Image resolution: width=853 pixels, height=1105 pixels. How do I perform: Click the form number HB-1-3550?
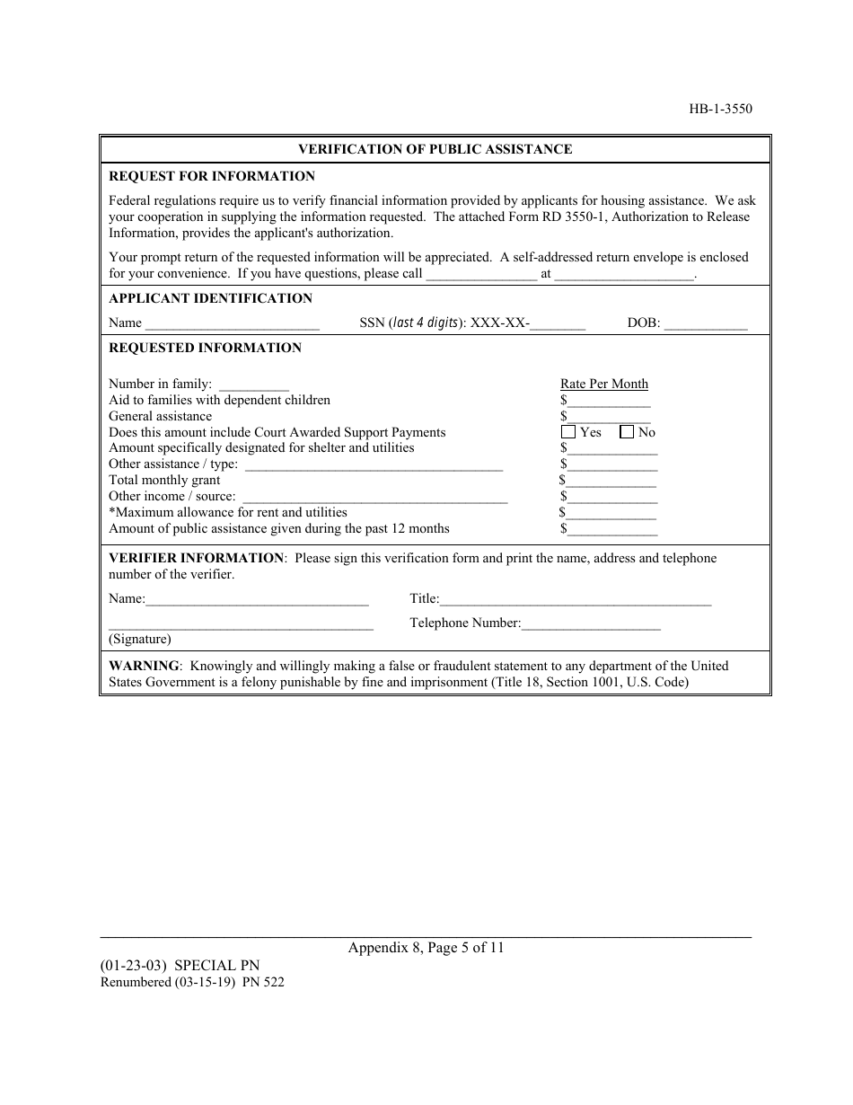(x=721, y=110)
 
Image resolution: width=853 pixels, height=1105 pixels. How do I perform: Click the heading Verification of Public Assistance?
(x=435, y=149)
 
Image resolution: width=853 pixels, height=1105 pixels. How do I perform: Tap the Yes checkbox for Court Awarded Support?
(x=568, y=432)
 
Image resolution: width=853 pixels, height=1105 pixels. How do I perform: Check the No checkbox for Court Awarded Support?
(x=627, y=432)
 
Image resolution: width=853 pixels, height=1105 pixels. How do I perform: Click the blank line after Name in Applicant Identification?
(x=232, y=324)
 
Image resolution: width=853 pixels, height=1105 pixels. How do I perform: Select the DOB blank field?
(x=705, y=324)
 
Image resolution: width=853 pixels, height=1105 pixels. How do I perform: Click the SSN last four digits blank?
(x=558, y=324)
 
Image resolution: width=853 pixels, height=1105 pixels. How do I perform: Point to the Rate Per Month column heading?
(x=603, y=384)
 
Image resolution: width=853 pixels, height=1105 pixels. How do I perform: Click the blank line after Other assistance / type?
(x=373, y=465)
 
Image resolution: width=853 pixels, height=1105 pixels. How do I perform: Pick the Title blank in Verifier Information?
(x=575, y=600)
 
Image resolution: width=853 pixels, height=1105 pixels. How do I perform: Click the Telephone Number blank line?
(x=591, y=624)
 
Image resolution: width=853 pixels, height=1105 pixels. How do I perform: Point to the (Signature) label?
(x=139, y=640)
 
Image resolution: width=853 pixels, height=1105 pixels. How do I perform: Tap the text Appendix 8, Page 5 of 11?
(x=426, y=947)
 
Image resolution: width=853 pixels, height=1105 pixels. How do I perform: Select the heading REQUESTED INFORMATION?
(x=205, y=348)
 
